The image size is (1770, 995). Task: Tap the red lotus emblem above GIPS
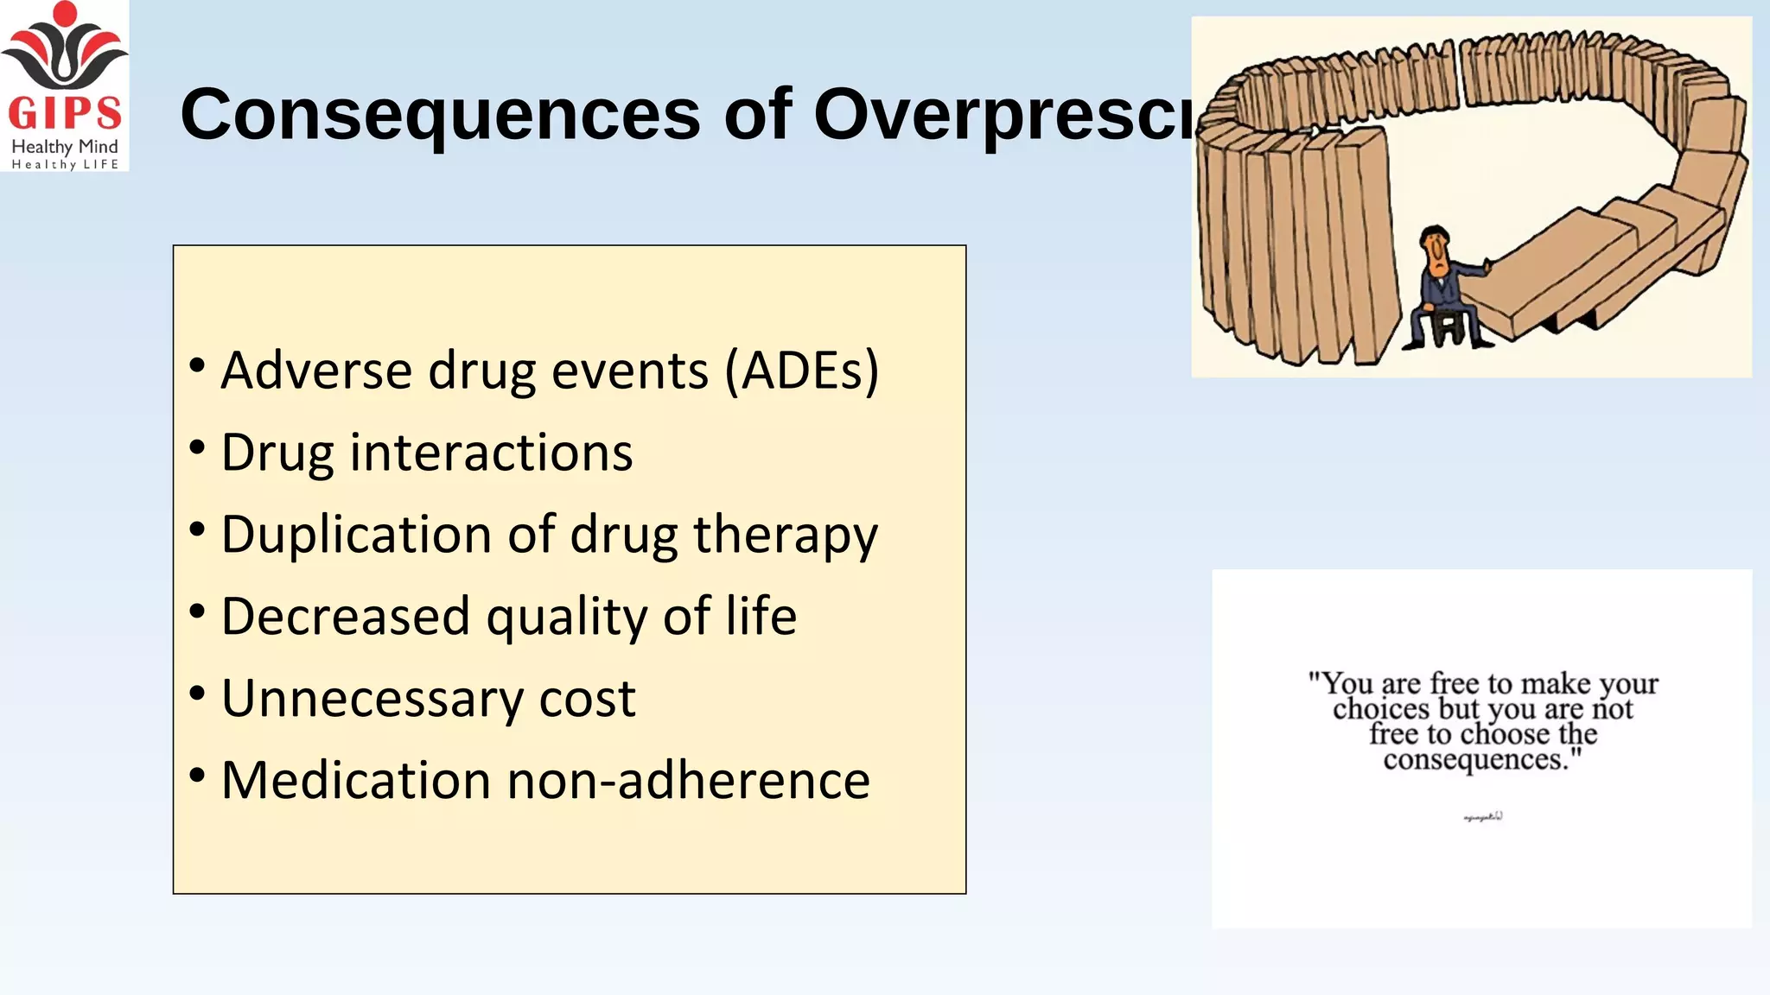point(65,48)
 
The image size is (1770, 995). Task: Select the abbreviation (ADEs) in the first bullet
point(802,371)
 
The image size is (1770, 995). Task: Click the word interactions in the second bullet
point(491,453)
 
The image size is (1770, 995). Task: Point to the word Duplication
point(357,535)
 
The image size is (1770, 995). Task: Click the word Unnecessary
point(372,699)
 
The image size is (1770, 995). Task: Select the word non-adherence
point(688,781)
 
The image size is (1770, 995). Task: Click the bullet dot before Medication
point(198,775)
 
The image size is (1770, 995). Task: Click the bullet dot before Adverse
point(198,365)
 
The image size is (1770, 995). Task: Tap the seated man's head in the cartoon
point(1436,246)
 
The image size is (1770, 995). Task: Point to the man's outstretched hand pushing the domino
point(1487,264)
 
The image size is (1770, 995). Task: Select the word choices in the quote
point(1380,709)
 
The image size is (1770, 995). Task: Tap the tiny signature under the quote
point(1483,816)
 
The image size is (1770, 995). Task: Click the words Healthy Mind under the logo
point(65,147)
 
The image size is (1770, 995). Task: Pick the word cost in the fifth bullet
point(587,699)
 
